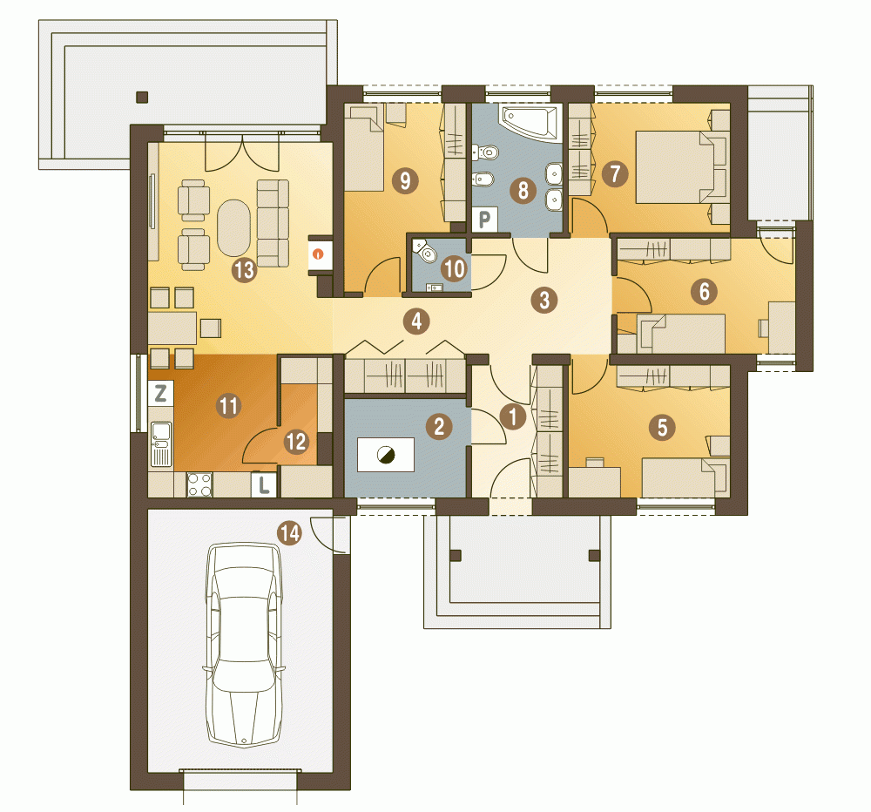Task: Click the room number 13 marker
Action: click(x=244, y=270)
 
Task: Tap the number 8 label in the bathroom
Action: click(x=523, y=191)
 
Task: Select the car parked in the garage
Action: click(x=244, y=645)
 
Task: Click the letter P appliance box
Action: click(x=484, y=220)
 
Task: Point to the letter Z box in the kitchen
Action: click(x=160, y=394)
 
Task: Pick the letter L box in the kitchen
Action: click(x=264, y=484)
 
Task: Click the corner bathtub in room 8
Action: click(x=530, y=124)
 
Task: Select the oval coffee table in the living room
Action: click(x=233, y=228)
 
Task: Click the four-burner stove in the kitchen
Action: click(x=199, y=484)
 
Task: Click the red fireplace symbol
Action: click(x=318, y=254)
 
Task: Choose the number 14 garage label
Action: click(x=290, y=533)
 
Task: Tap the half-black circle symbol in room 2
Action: click(x=386, y=455)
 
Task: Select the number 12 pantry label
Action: click(x=296, y=442)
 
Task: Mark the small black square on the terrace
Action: click(x=142, y=98)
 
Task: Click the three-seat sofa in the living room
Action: click(x=273, y=223)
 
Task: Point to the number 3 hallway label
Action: click(x=544, y=300)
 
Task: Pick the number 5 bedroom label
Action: click(x=662, y=428)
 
